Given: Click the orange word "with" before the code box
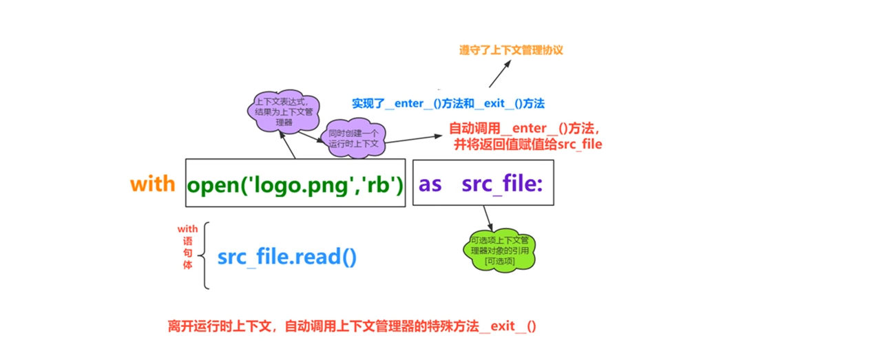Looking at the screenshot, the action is tap(152, 184).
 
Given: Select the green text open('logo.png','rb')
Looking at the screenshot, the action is tap(295, 184).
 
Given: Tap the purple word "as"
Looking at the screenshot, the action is tap(430, 184).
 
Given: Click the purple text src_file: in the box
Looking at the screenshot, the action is tap(502, 184).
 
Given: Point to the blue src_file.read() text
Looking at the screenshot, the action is tap(286, 257).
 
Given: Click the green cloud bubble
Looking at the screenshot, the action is tap(500, 251).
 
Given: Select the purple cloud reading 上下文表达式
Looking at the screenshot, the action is tap(284, 112).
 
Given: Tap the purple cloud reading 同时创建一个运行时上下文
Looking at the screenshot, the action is tap(353, 138).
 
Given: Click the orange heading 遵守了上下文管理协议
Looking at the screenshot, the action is tap(511, 50).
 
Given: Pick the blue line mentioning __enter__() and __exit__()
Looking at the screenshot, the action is tap(448, 103).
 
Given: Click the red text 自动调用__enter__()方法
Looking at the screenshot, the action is tap(525, 128).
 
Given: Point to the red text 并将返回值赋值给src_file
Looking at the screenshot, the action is tap(527, 145).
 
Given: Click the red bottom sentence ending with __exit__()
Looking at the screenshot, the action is tap(352, 326).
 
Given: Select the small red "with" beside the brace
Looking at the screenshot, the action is tap(188, 229).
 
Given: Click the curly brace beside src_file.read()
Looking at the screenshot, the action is tap(204, 255).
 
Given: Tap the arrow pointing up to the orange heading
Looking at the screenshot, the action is tap(500, 74).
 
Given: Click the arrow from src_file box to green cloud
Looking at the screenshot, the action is tap(488, 218).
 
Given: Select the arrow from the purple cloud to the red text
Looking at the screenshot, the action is tap(414, 139).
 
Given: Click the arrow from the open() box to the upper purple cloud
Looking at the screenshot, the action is tap(287, 145).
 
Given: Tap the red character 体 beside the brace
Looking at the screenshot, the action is tap(188, 265).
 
